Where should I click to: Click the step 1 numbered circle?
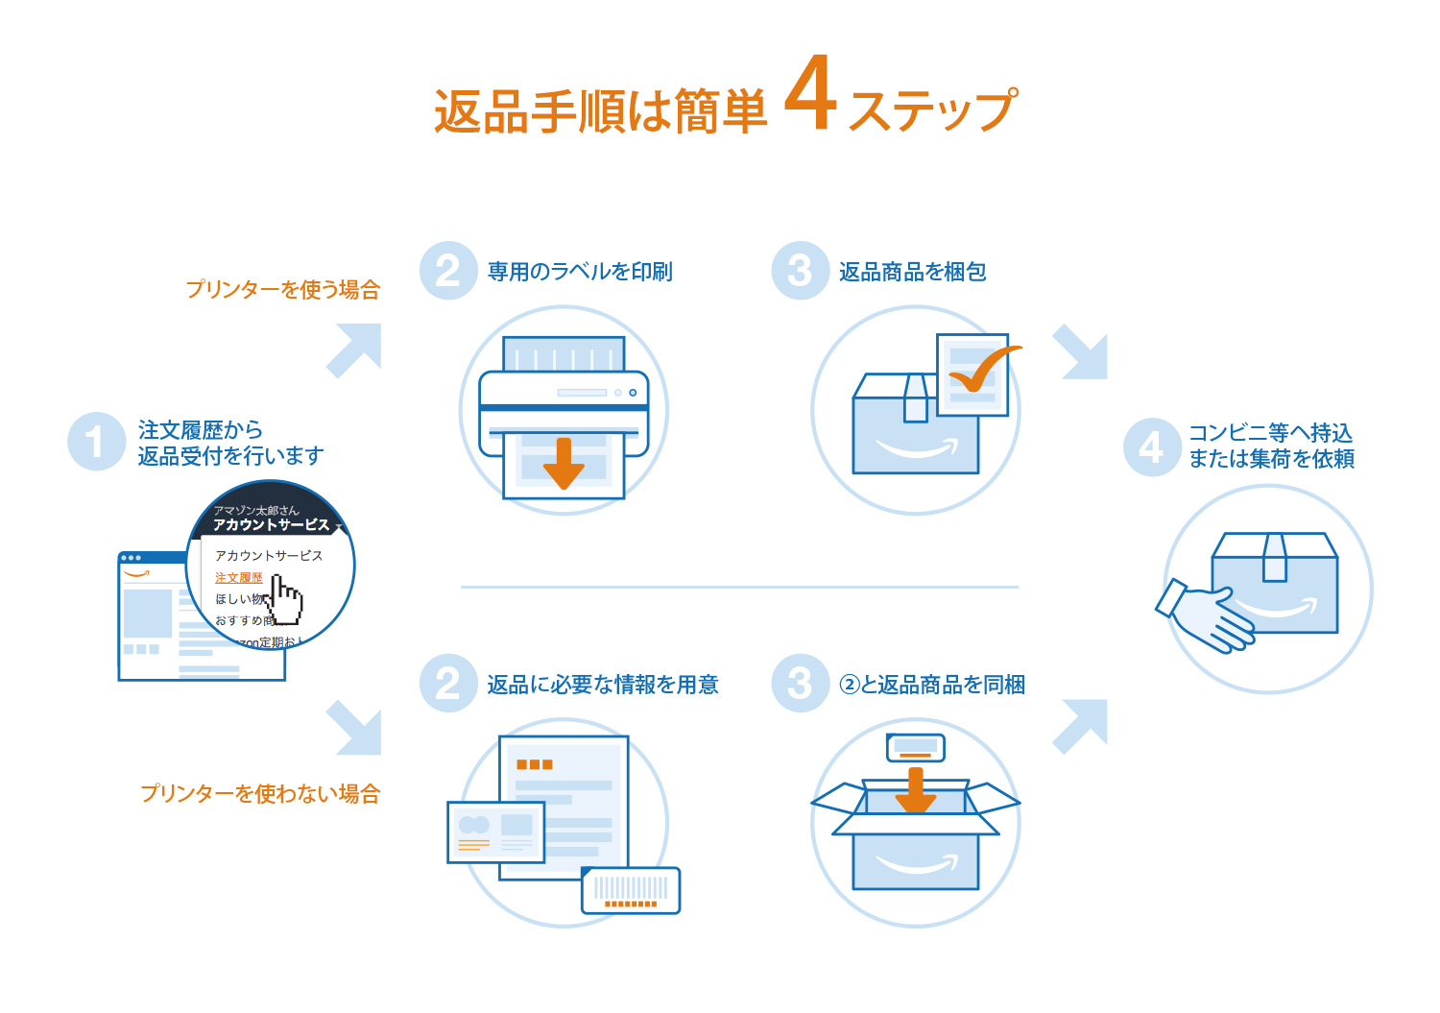pos(96,442)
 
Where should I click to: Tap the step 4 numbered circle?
pos(1152,446)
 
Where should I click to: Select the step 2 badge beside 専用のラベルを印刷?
pos(448,271)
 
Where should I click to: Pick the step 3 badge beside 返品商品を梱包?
pos(800,271)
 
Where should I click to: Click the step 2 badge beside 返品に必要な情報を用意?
pos(448,684)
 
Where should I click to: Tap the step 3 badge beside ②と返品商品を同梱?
pos(800,684)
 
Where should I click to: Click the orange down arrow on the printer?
pos(564,463)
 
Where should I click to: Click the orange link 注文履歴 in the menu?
pos(239,577)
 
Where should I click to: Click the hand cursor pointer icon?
pos(285,599)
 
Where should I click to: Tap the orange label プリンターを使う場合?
pos(283,289)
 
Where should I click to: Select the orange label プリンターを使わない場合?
pos(260,793)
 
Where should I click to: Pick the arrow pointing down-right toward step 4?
pos(1082,352)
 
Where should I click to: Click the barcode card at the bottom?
pos(631,890)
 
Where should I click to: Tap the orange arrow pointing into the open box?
pos(915,789)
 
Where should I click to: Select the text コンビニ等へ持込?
pos(1270,433)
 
